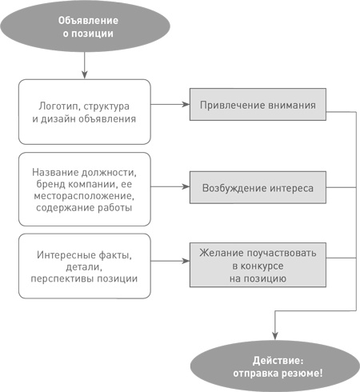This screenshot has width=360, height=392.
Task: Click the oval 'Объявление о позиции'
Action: click(x=85, y=27)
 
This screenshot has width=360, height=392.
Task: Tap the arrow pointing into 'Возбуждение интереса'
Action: click(x=170, y=190)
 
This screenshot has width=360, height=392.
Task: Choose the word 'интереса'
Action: click(x=295, y=190)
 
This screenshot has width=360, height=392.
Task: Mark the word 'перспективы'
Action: click(x=65, y=278)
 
